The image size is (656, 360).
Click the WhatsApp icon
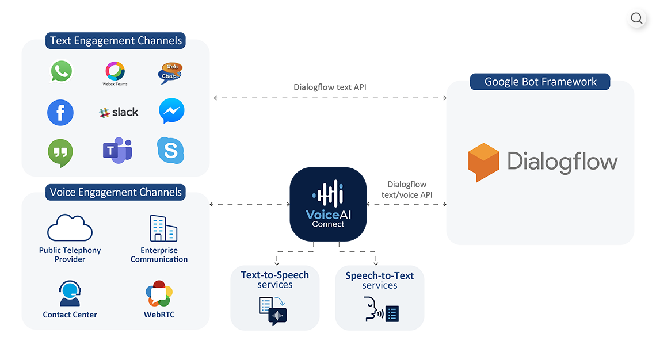[61, 71]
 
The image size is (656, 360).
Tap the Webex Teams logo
[115, 72]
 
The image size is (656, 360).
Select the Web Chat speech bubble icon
[170, 73]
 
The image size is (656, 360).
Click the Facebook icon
[60, 112]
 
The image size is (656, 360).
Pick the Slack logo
[119, 112]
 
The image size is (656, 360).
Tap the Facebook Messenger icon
[171, 111]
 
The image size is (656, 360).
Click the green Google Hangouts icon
[60, 152]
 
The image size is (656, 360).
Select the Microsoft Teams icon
[117, 151]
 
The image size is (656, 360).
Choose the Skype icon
[171, 151]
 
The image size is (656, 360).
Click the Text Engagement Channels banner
[116, 41]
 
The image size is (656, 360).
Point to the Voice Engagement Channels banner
[116, 192]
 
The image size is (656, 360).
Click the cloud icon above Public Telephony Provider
[70, 228]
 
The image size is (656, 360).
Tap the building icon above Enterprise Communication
[163, 229]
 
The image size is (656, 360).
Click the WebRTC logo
[159, 294]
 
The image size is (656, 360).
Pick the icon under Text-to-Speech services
[273, 311]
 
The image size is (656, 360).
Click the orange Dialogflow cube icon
[483, 162]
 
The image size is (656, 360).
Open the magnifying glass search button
[636, 19]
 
